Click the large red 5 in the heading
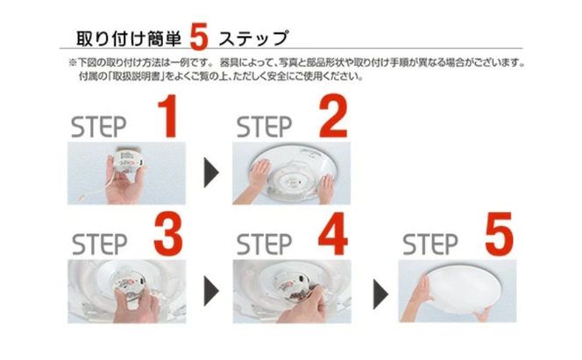[x=199, y=36]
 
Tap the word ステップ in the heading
[x=252, y=39]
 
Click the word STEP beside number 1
[x=99, y=124]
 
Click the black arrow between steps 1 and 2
[x=210, y=173]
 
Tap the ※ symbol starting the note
[x=72, y=64]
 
